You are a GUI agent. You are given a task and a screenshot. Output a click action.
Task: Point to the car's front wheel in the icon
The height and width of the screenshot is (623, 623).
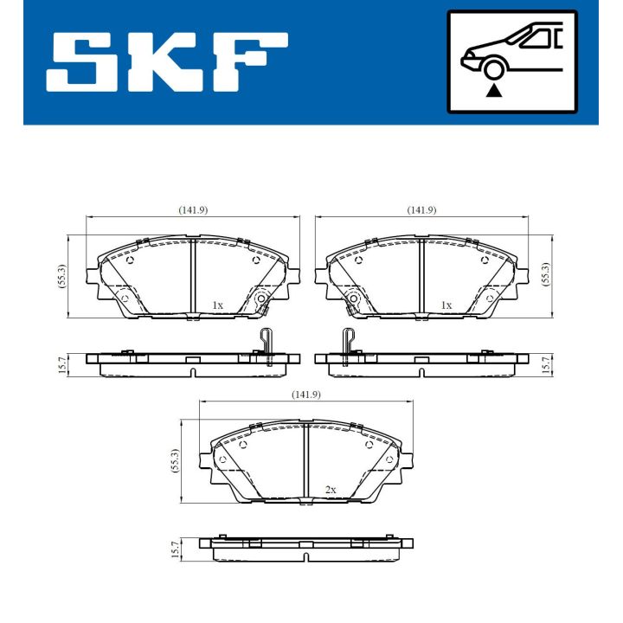(x=494, y=68)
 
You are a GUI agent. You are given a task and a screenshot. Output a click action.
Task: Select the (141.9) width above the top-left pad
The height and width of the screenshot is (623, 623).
(x=193, y=210)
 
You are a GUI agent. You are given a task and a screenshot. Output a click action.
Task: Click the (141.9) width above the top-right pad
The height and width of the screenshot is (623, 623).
(x=421, y=210)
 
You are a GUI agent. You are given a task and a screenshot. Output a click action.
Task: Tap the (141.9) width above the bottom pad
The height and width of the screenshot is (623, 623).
(x=306, y=395)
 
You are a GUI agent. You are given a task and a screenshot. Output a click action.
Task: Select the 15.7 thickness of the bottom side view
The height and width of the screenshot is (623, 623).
(x=175, y=549)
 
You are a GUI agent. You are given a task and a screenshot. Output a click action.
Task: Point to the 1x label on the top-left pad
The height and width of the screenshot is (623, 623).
(x=217, y=305)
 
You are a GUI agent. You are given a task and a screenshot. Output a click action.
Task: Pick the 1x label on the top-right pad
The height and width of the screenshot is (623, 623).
(x=446, y=305)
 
